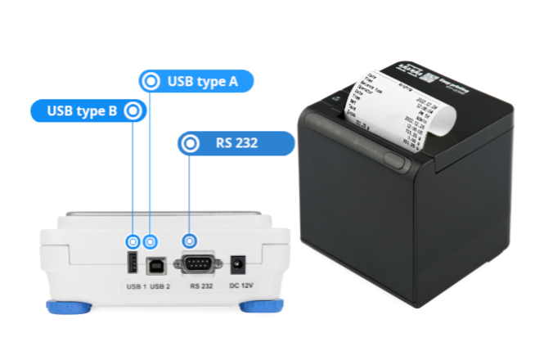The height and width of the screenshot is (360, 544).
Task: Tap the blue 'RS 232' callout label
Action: [x=236, y=143]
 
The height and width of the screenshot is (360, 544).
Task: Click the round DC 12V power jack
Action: [x=239, y=263]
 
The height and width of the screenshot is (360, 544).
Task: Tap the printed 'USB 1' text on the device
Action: [x=135, y=286]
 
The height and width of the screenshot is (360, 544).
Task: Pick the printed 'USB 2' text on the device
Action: [x=160, y=286]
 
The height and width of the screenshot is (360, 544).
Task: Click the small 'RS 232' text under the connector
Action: [x=201, y=286]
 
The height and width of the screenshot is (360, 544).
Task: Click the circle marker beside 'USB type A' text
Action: [x=150, y=81]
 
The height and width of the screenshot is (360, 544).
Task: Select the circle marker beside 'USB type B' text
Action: [x=133, y=110]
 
